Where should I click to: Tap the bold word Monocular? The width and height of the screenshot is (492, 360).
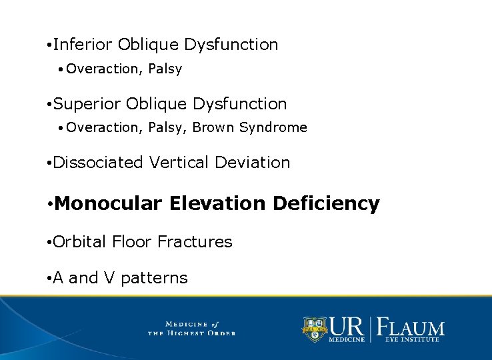click(x=109, y=203)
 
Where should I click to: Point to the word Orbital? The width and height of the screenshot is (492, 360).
click(x=79, y=242)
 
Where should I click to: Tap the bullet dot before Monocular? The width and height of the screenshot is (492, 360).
click(x=50, y=204)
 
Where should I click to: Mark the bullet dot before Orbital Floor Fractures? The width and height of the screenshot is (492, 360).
click(x=49, y=243)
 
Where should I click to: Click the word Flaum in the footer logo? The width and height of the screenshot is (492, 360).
click(x=412, y=328)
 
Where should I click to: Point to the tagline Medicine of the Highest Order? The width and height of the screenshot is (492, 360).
click(x=191, y=329)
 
